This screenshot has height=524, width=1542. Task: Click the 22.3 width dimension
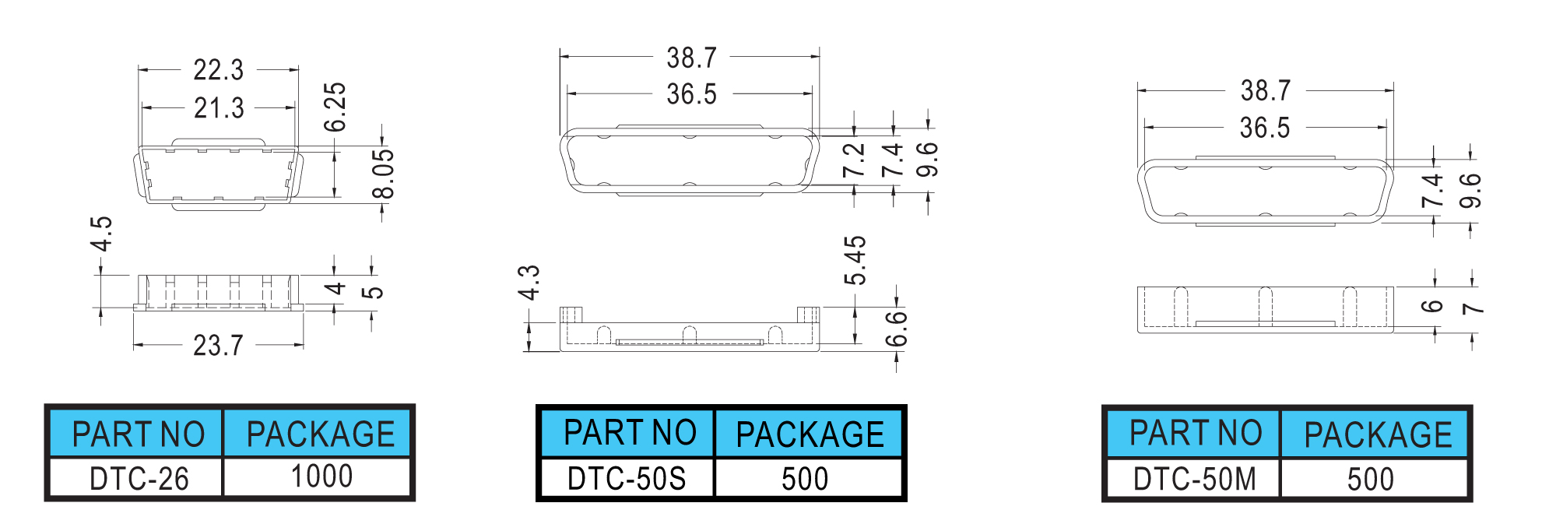click(x=219, y=70)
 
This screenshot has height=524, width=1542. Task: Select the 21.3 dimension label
click(x=219, y=108)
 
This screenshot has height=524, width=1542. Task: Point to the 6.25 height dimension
click(x=335, y=107)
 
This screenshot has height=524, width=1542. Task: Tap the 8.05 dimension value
click(x=383, y=174)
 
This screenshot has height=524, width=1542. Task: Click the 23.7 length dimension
click(x=218, y=345)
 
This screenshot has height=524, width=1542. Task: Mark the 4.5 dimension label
click(x=101, y=234)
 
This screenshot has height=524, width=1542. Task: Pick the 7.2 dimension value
click(x=854, y=160)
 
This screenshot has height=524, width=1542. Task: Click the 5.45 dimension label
click(x=855, y=261)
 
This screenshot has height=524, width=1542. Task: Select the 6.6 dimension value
click(x=897, y=329)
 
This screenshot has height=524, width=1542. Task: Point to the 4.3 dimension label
click(x=529, y=283)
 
